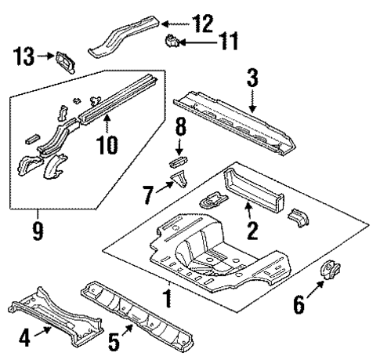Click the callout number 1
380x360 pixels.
point(166,299)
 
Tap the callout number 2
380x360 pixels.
point(252,229)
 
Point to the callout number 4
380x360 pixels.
point(26,340)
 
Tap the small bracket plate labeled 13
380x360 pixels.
point(63,60)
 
